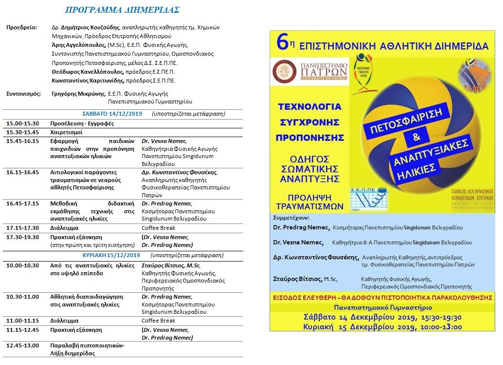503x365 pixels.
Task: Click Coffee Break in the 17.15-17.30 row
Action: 158,228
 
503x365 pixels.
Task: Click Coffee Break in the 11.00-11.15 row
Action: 158,321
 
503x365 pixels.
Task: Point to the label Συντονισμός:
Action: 23,94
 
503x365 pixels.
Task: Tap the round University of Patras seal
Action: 284,72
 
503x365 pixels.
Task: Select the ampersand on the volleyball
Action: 416,138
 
